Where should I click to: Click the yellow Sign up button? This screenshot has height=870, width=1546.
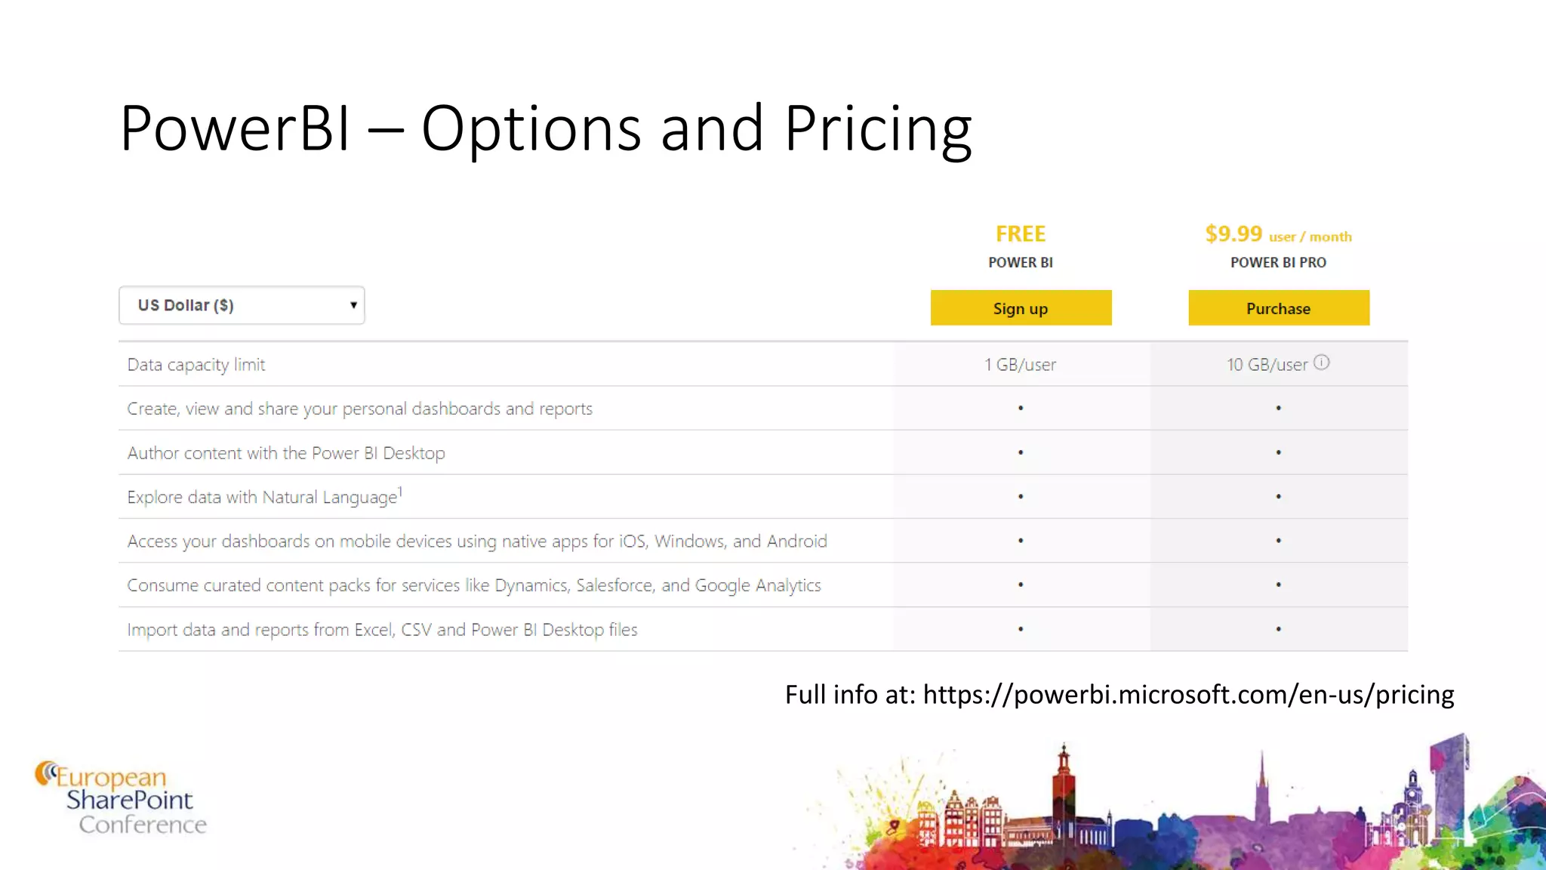1021,308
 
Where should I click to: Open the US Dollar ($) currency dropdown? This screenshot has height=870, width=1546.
242,305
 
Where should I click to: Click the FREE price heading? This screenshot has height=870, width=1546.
1021,234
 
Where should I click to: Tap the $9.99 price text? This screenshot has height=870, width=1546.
1233,234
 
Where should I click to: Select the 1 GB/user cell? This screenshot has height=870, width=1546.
1021,365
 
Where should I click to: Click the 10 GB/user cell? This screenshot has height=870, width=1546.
1267,365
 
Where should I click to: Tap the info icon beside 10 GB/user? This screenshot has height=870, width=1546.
1321,362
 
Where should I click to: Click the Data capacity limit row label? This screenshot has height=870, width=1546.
196,365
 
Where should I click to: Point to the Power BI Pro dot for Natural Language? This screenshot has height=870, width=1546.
1278,497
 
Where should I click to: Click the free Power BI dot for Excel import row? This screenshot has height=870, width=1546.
1021,629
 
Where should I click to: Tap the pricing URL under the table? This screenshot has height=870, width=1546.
1188,695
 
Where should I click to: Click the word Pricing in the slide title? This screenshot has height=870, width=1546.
878,128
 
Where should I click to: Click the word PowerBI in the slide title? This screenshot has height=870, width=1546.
235,128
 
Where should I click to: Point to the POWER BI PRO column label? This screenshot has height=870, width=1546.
1278,263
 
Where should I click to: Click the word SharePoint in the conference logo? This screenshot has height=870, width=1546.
130,800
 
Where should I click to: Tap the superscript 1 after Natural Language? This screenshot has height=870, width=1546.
400,492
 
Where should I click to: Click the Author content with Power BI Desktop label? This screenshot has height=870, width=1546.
286,453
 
